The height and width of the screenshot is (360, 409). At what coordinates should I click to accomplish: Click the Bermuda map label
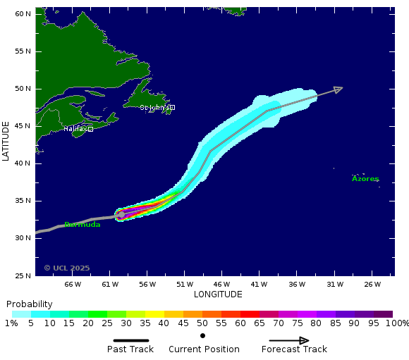[82, 225]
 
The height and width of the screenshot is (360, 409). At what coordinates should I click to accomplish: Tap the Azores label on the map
[365, 179]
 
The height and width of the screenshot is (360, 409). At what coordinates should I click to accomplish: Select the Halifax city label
[76, 129]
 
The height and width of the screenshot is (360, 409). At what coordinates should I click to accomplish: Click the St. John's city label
[154, 108]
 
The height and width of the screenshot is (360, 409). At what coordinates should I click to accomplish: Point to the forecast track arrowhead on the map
[338, 89]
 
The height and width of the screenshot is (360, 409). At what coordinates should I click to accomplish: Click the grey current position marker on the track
[121, 215]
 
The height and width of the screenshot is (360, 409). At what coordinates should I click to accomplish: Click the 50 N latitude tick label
[23, 89]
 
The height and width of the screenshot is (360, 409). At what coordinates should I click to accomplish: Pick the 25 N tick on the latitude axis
[23, 275]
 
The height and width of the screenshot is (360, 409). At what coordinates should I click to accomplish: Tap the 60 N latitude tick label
[23, 14]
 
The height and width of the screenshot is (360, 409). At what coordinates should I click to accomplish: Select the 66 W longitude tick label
[73, 285]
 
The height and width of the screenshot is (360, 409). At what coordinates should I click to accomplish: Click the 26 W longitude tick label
[372, 285]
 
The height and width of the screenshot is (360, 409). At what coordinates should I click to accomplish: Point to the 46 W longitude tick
[222, 285]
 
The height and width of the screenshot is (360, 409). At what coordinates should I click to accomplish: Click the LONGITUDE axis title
[218, 294]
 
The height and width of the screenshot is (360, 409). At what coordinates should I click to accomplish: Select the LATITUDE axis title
[6, 141]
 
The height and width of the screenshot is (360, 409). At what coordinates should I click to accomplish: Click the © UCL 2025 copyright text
[67, 268]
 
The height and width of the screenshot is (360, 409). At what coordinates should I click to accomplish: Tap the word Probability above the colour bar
[30, 304]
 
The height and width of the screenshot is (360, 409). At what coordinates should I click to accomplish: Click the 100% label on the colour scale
[397, 323]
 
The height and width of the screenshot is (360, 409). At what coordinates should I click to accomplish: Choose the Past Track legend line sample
[130, 340]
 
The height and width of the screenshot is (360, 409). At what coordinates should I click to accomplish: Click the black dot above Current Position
[203, 335]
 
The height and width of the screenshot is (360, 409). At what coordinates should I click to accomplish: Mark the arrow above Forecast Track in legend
[289, 340]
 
